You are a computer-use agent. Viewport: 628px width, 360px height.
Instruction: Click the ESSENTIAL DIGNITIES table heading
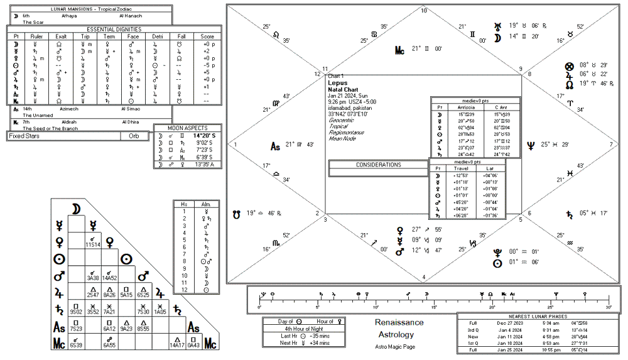click(114, 29)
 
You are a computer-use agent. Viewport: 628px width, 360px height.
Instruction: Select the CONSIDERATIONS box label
click(378, 165)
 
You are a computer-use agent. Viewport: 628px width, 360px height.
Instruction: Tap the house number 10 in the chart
click(423, 11)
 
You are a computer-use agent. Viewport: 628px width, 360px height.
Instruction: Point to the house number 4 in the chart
click(423, 277)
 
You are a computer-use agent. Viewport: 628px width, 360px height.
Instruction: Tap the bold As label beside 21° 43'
click(275, 146)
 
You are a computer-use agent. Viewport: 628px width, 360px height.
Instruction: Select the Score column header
click(207, 36)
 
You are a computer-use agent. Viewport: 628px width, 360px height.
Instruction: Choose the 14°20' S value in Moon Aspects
click(204, 135)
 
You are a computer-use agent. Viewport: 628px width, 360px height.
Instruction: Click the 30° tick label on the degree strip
click(608, 307)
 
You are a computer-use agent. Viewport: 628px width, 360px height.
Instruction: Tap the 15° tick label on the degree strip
click(434, 307)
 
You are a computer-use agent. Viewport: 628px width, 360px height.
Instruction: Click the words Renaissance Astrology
click(399, 328)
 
